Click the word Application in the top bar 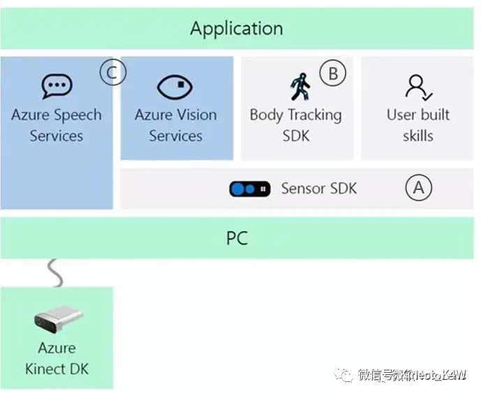pyautogui.click(x=237, y=29)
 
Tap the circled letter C pyautogui.click(x=112, y=73)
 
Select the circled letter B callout pyautogui.click(x=333, y=73)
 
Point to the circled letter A pyautogui.click(x=419, y=187)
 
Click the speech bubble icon pyautogui.click(x=57, y=87)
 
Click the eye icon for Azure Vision pyautogui.click(x=175, y=87)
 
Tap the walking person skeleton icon pyautogui.click(x=299, y=87)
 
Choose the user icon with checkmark pyautogui.click(x=418, y=87)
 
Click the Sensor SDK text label pyautogui.click(x=318, y=188)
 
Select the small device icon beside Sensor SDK pyautogui.click(x=250, y=189)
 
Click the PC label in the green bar pyautogui.click(x=237, y=238)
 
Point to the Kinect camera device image pyautogui.click(x=59, y=319)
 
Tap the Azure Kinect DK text pyautogui.click(x=57, y=358)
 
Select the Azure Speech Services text pyautogui.click(x=57, y=125)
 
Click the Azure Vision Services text pyautogui.click(x=176, y=125)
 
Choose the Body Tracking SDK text pyautogui.click(x=296, y=125)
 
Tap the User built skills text pyautogui.click(x=418, y=125)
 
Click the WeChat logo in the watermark pyautogui.click(x=346, y=375)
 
